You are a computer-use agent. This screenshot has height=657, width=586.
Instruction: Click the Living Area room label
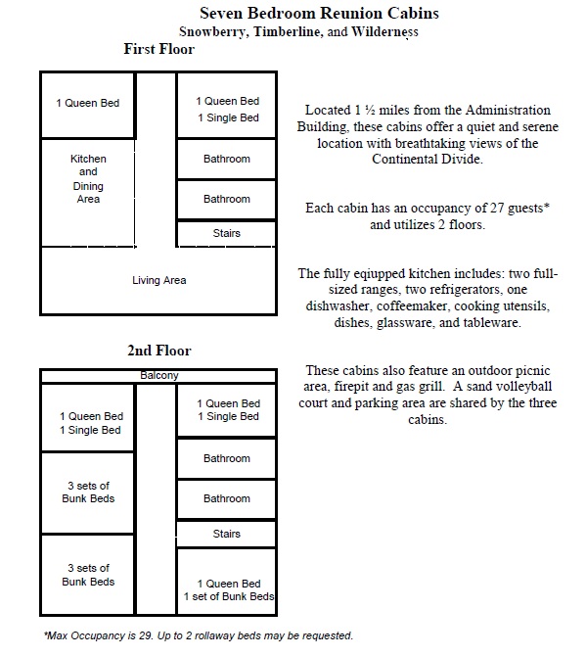click(x=159, y=280)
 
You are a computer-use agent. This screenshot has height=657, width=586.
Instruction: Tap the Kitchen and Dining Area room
click(x=88, y=193)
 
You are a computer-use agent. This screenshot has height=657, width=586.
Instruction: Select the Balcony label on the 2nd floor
click(x=159, y=375)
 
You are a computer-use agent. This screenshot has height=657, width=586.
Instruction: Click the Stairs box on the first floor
click(x=226, y=233)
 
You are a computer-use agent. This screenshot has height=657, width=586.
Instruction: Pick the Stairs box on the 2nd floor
click(x=226, y=534)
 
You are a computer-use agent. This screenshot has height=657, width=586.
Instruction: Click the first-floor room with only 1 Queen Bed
click(x=88, y=105)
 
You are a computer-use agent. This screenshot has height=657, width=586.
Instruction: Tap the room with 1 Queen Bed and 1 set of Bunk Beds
click(x=226, y=582)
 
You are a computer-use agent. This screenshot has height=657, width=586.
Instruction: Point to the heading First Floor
click(x=159, y=49)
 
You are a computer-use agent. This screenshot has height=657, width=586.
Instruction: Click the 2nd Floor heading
click(x=159, y=351)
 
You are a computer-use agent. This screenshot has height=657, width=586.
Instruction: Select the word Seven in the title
click(x=221, y=13)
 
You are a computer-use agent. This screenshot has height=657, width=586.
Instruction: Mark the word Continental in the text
click(x=403, y=160)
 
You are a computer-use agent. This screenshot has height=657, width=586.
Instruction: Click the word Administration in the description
click(x=508, y=111)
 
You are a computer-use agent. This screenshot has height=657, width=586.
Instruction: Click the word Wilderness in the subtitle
click(x=384, y=32)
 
